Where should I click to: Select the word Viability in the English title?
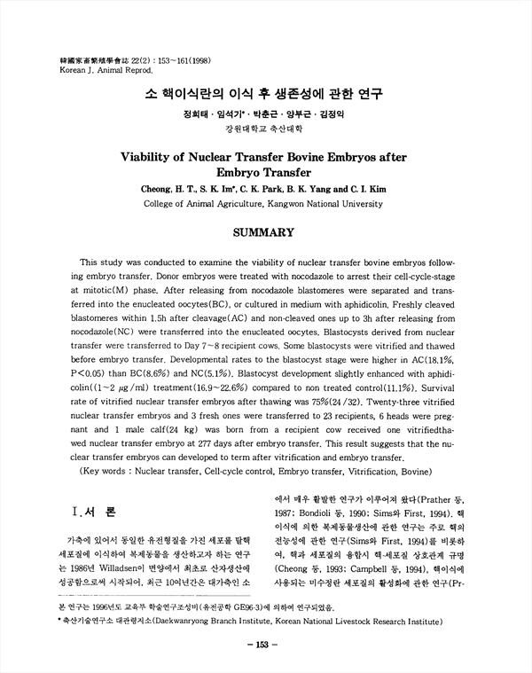pos(151,157)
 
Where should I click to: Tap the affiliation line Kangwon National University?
pos(317,203)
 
